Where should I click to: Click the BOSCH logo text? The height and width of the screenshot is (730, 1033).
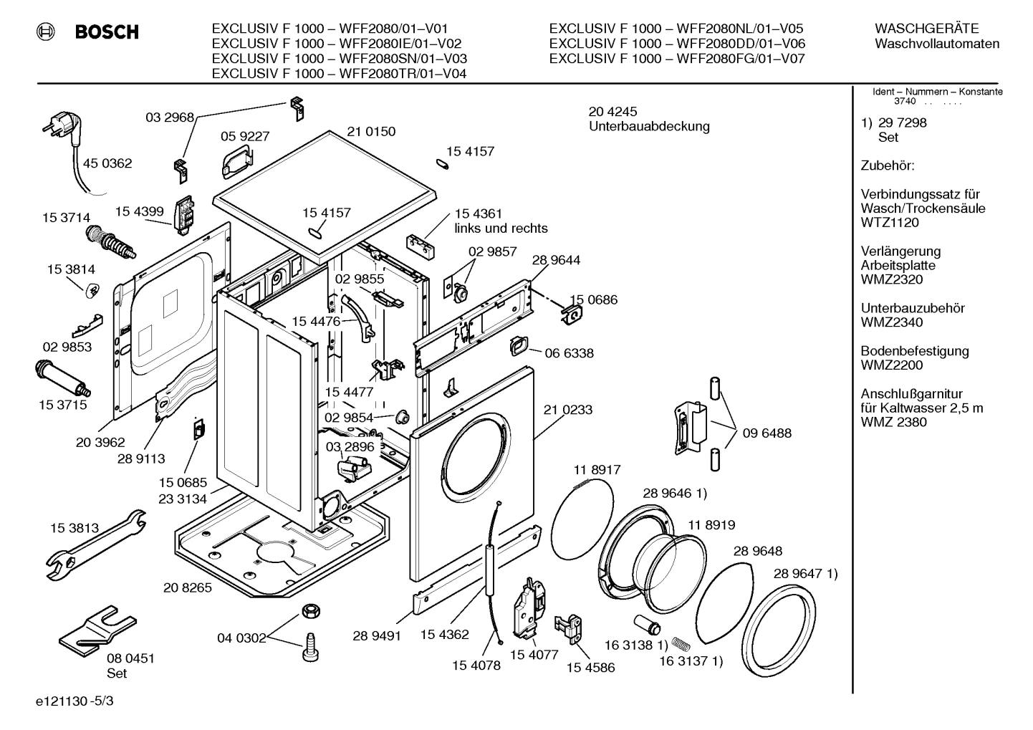click(x=107, y=32)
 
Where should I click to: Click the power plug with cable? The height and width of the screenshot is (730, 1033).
click(x=62, y=133)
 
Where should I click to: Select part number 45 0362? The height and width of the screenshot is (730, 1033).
click(x=107, y=163)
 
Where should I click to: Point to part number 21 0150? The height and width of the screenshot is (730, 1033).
click(x=371, y=132)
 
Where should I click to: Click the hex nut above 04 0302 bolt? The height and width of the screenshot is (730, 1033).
click(x=310, y=611)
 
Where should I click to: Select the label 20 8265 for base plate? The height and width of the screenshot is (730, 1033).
click(x=188, y=587)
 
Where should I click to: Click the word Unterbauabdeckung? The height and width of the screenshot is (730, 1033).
click(x=649, y=127)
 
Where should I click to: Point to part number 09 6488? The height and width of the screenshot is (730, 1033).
click(x=767, y=433)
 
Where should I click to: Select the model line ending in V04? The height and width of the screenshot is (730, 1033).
click(x=340, y=73)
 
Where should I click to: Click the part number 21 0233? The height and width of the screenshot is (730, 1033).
click(x=567, y=410)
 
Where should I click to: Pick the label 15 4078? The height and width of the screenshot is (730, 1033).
click(x=476, y=666)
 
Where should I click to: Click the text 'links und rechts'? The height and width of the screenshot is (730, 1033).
click(x=501, y=229)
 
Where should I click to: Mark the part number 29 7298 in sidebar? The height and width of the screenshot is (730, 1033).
click(x=902, y=123)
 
